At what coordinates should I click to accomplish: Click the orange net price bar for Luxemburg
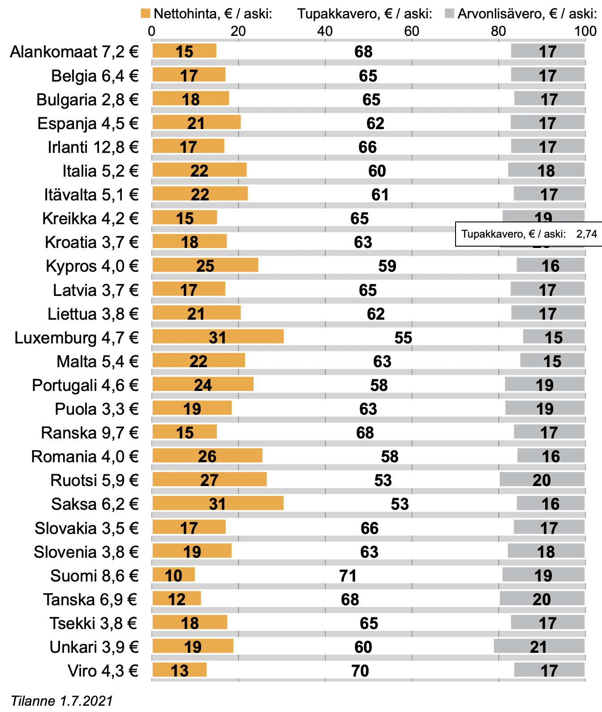coord(218,336)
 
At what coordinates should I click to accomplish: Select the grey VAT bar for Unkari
coord(539,646)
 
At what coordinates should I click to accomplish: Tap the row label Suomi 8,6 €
coord(94,576)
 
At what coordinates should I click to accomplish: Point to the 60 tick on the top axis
coord(411,31)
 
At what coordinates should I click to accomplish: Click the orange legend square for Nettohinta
coord(145,13)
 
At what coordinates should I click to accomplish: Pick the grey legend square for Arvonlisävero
coord(449,13)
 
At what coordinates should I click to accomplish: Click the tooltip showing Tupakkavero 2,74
coord(529,234)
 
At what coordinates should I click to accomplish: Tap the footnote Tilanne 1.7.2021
coord(62,701)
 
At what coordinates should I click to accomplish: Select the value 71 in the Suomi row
coord(348,576)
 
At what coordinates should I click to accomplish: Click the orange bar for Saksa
coord(218,503)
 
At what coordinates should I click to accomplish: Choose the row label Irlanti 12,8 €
coord(93,147)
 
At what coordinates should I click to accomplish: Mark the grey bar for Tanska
coord(542,599)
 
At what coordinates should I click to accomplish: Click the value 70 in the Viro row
coord(360,671)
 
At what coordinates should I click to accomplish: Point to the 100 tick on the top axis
coord(585,31)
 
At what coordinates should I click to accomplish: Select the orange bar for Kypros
coord(205,265)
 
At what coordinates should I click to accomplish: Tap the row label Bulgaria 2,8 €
coord(87,100)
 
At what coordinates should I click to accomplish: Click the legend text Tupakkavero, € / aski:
coord(365,14)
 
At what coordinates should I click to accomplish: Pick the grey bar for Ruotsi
coord(542,479)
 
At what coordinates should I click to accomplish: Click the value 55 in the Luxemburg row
coord(403,338)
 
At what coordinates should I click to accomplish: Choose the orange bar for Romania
coord(207,456)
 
